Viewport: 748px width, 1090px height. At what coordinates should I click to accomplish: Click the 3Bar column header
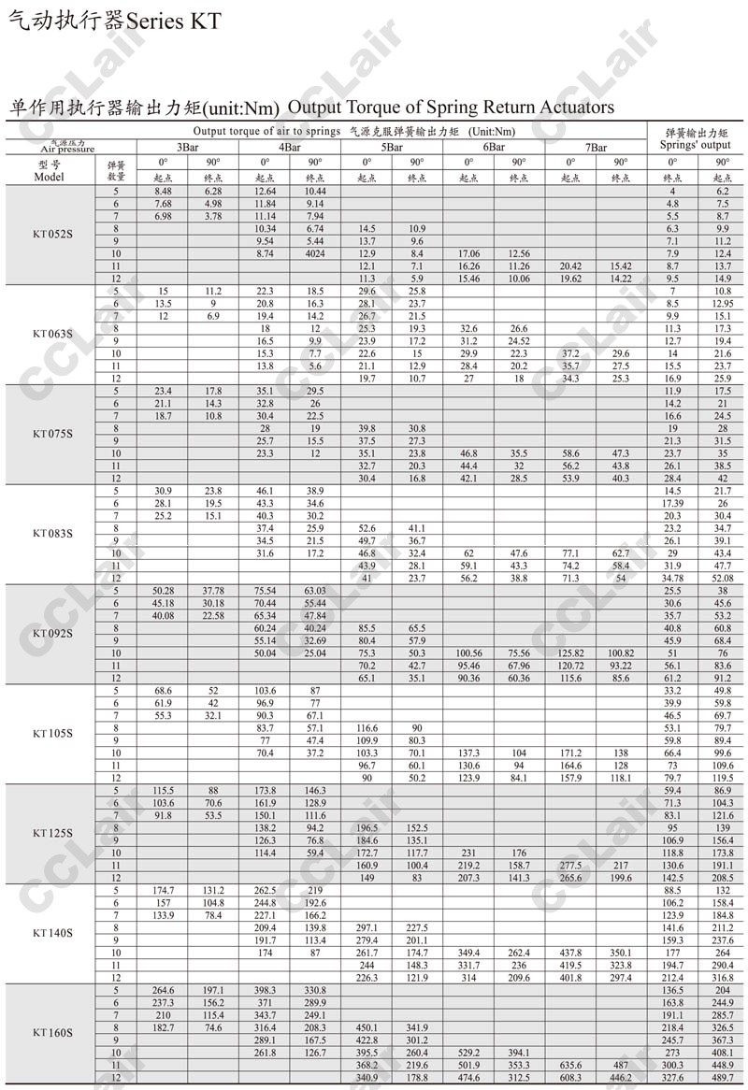[187, 147]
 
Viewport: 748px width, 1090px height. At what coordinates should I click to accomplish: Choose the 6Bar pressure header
[494, 147]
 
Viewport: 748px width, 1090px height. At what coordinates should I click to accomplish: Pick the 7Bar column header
[596, 147]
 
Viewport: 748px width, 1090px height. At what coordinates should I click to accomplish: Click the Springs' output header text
[696, 145]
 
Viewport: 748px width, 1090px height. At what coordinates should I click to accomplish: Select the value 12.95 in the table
[722, 304]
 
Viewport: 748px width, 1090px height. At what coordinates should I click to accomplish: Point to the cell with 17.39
[671, 503]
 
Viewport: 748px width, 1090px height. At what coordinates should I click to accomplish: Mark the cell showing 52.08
[722, 579]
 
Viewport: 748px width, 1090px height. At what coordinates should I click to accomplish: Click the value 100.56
[467, 653]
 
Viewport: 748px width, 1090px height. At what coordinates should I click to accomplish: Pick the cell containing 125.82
[570, 653]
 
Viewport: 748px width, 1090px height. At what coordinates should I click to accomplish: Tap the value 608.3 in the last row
[570, 1077]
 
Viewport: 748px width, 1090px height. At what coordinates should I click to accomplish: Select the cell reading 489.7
[722, 1077]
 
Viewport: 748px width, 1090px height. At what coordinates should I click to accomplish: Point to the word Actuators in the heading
[574, 108]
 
